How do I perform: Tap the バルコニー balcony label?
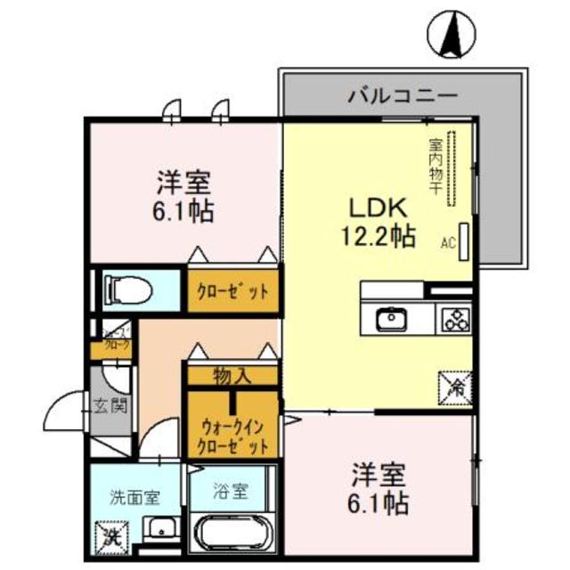403,94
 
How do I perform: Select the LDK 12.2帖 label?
378,222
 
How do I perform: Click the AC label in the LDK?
448,241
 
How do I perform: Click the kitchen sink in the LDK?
390,318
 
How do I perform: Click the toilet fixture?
126,289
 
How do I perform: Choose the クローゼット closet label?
232,291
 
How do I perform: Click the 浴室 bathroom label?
232,490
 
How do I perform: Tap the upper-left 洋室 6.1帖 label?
186,198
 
